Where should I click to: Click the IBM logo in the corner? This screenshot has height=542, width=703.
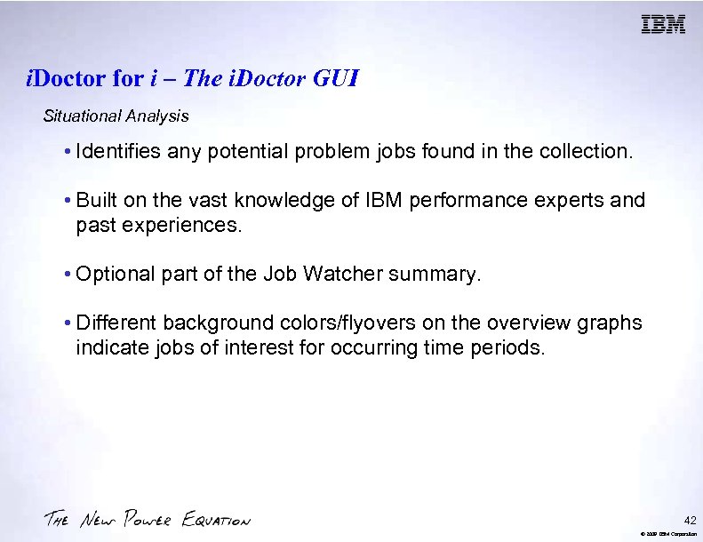(x=663, y=24)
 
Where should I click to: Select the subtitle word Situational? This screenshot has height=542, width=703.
(x=83, y=116)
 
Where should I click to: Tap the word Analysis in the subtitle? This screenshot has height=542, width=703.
(x=157, y=116)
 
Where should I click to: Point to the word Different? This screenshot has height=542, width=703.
(x=115, y=323)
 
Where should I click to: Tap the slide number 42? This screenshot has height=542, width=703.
(x=691, y=519)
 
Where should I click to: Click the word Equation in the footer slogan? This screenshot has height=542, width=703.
(x=216, y=520)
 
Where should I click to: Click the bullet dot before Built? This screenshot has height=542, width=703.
(x=68, y=201)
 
